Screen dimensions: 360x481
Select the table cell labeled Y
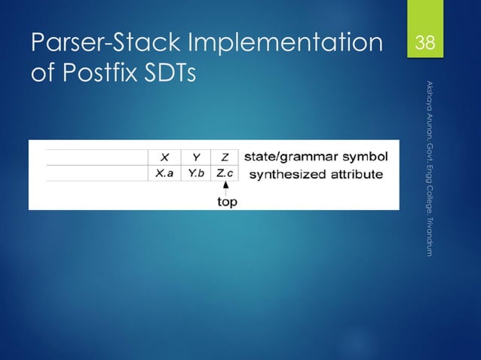point(196,157)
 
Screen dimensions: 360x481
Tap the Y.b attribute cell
point(196,173)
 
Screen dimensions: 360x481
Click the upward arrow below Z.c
point(225,189)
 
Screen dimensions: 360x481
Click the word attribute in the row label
point(354,174)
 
